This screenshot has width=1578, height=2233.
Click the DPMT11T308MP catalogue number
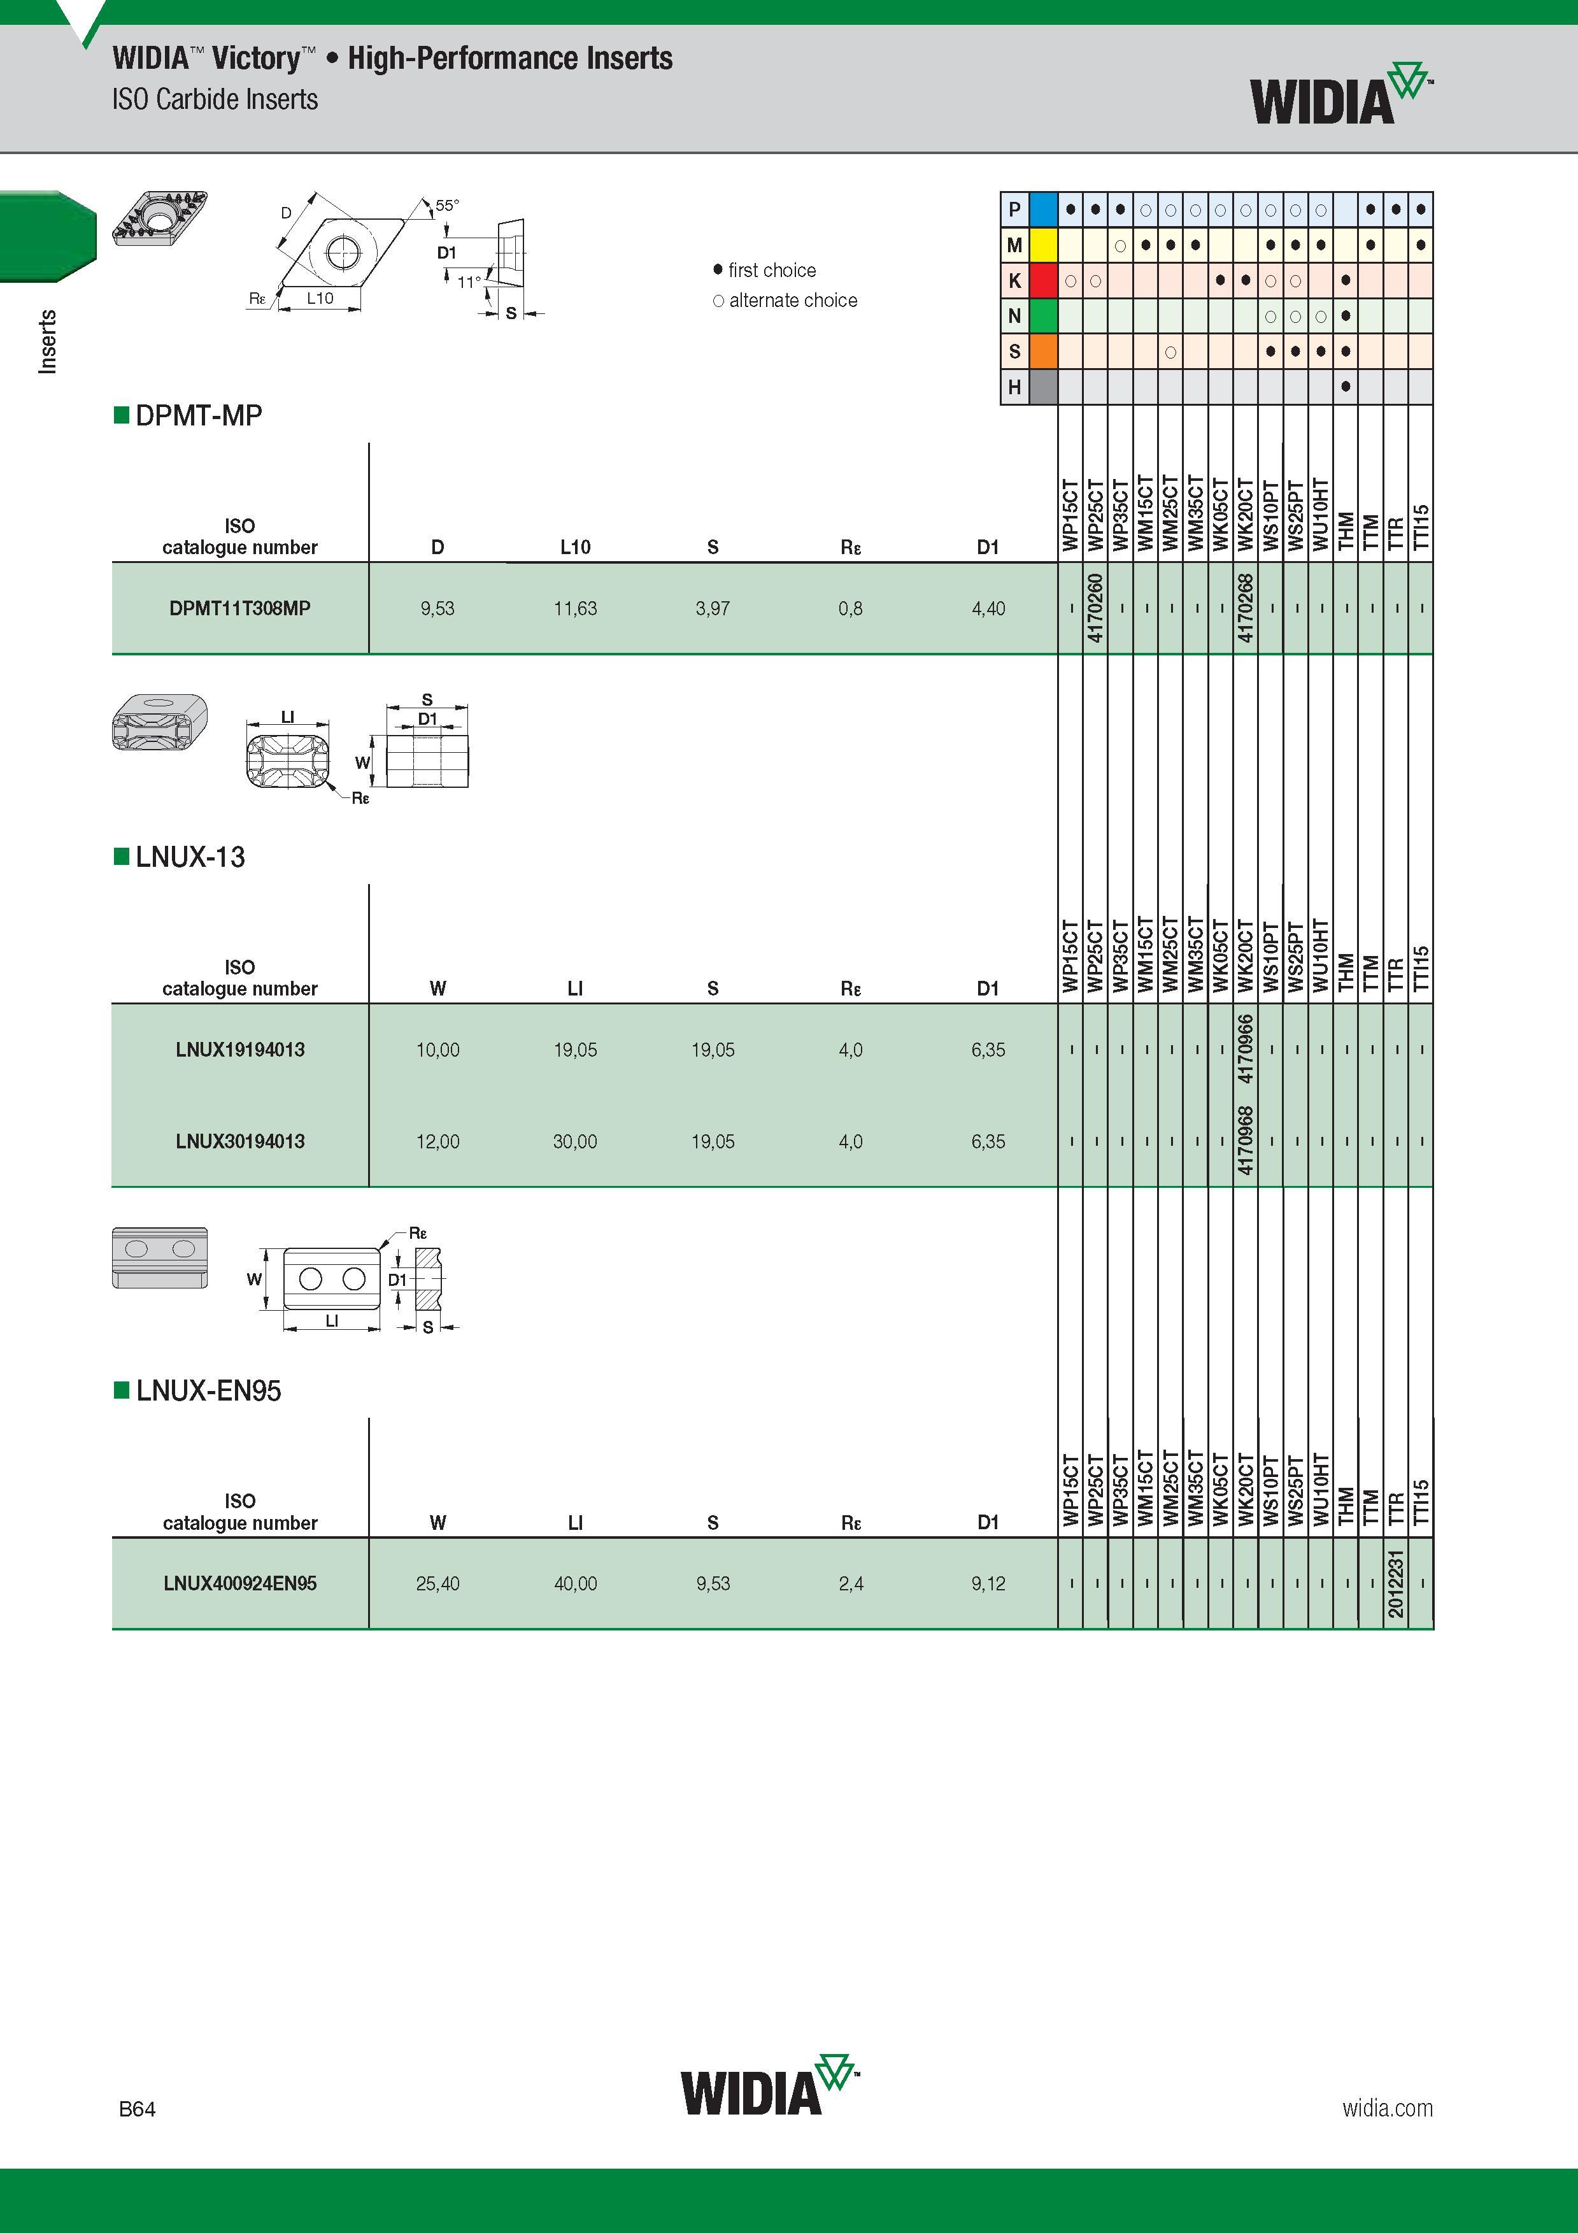[239, 609]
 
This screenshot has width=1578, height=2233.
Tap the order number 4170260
[1096, 608]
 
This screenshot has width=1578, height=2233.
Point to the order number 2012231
[1396, 1583]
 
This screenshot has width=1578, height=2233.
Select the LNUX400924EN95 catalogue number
[240, 1583]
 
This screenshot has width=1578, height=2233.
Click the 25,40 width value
[437, 1583]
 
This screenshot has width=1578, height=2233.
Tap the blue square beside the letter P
[1043, 209]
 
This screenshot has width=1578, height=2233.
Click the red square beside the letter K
[1043, 280]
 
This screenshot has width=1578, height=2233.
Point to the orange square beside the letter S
[1043, 351]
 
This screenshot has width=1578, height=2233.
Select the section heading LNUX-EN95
[208, 1391]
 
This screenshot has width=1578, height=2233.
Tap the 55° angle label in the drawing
[447, 205]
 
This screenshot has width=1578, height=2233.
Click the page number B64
[137, 2109]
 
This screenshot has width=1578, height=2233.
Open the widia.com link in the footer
[1388, 2108]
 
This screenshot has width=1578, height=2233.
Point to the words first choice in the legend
[772, 271]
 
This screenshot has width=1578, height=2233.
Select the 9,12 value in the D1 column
[988, 1583]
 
